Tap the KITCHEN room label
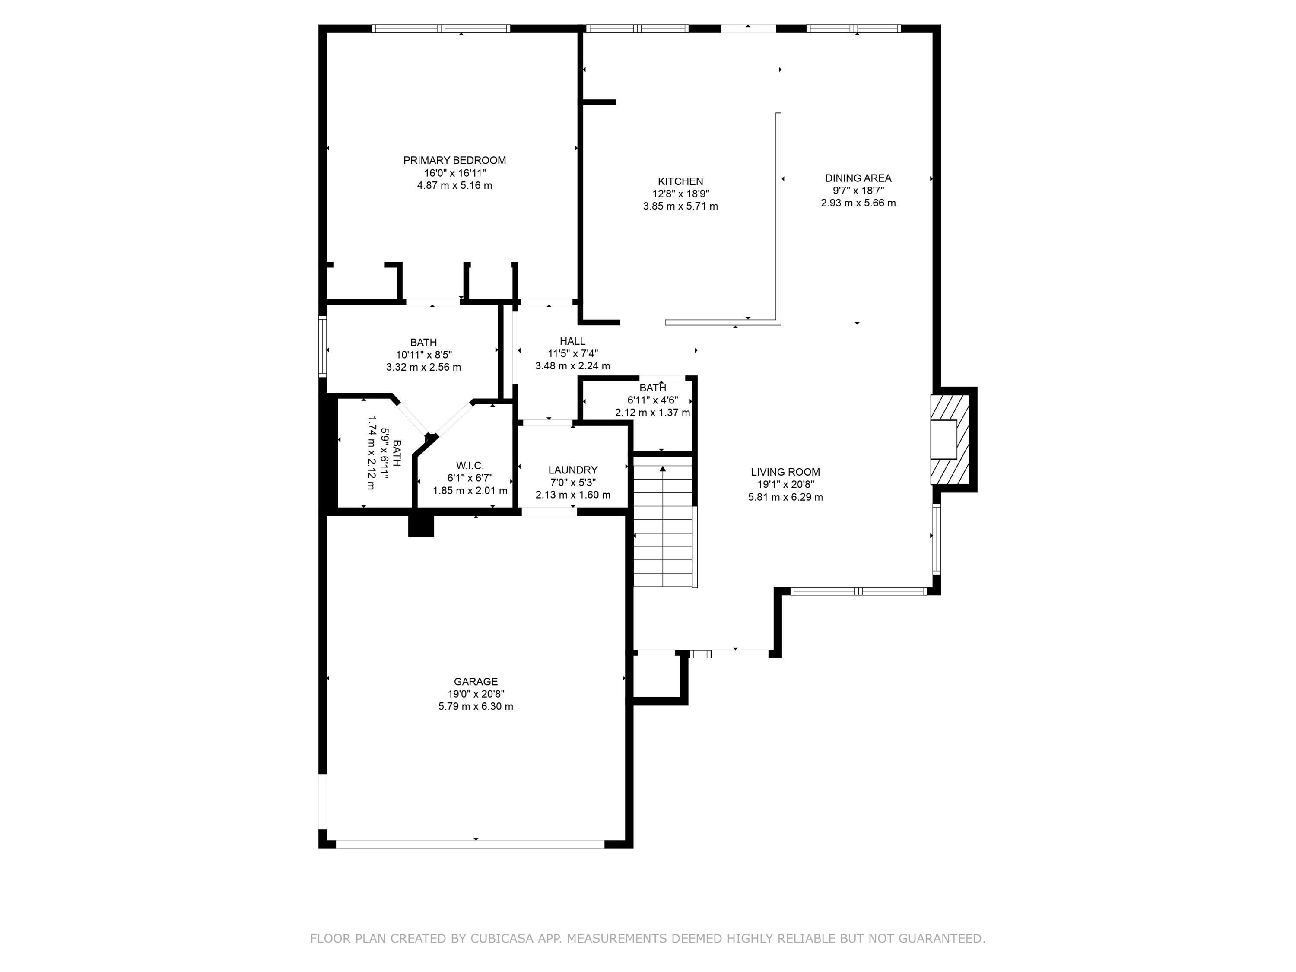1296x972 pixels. coord(680,181)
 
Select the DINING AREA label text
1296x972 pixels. coord(858,178)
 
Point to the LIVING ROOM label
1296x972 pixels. coord(785,472)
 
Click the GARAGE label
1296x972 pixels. coord(475,681)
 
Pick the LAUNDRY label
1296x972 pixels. coord(572,470)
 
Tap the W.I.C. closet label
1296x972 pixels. coord(470,466)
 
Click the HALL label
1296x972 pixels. coord(572,341)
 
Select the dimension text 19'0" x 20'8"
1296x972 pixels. coord(475,694)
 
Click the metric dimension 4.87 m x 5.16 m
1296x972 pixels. coord(454,186)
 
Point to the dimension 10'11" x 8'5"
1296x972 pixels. coord(424,355)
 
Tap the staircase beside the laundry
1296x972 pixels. coord(663,527)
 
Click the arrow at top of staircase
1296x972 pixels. coord(663,469)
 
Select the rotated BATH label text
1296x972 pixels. coord(397,453)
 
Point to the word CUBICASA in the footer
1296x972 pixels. coord(502,939)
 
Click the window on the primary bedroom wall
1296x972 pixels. coord(441,28)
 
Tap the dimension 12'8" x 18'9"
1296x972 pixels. coord(680,194)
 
